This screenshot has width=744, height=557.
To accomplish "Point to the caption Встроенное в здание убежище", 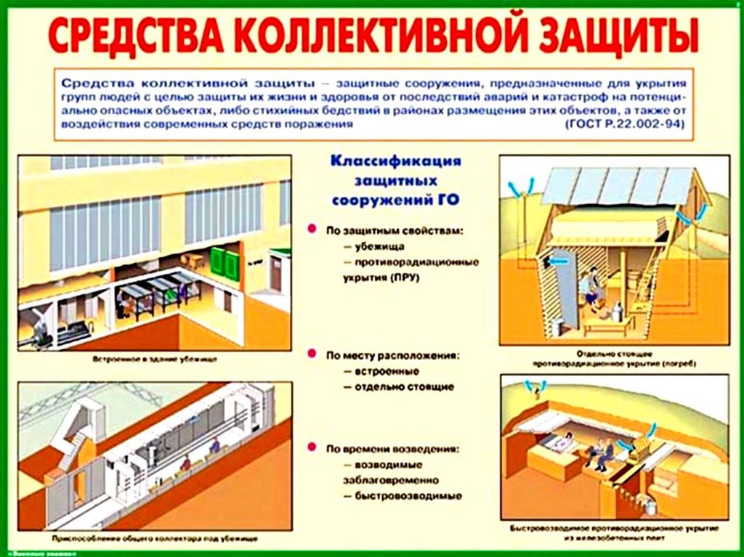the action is (x=155, y=359).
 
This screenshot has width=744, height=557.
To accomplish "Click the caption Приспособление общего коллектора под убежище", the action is (x=155, y=539).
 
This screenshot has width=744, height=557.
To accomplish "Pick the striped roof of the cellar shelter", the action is (x=616, y=186).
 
